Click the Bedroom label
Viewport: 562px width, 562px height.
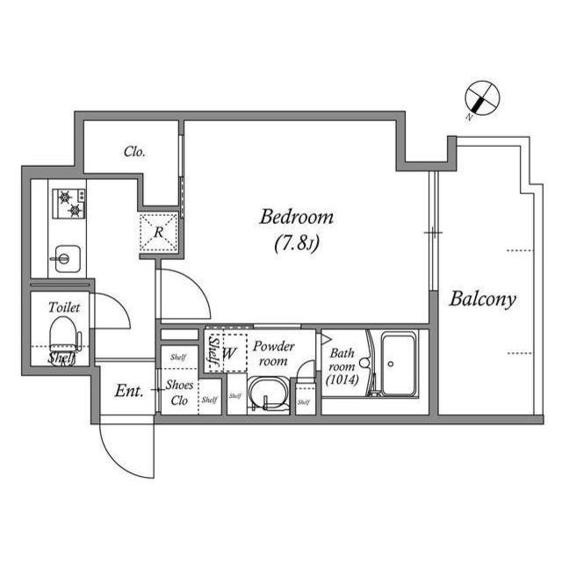coord(296,216)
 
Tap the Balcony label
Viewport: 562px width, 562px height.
coord(482,299)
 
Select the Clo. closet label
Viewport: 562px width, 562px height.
coord(134,152)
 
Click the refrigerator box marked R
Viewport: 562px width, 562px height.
coord(159,233)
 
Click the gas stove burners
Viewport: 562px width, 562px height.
coord(70,204)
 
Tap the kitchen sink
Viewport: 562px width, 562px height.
coord(65,258)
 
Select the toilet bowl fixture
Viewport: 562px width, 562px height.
coord(62,335)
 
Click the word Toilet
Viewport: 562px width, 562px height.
coord(64,307)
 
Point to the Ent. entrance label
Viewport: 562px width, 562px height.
coord(129,390)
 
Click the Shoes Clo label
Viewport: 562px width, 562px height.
coord(180,392)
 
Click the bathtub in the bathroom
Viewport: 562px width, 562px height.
coord(400,364)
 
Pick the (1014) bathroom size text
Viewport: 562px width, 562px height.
coord(342,380)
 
